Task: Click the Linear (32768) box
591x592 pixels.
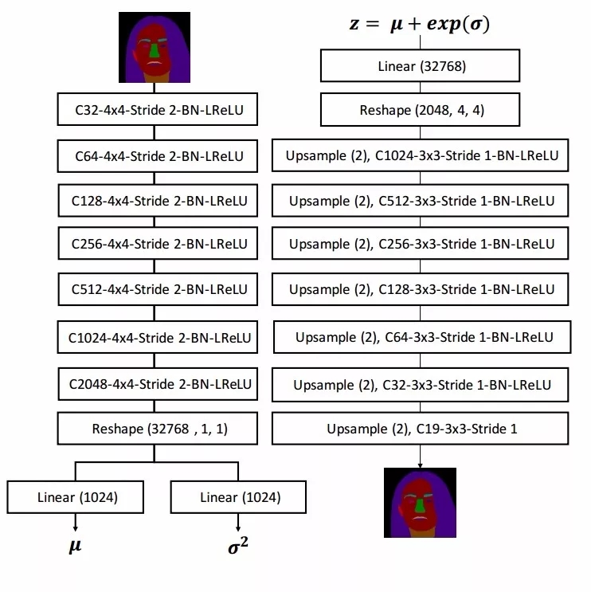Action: pyautogui.click(x=421, y=66)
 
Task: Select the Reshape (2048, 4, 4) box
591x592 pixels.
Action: pyautogui.click(x=421, y=110)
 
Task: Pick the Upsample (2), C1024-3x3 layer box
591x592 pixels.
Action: pyautogui.click(x=421, y=155)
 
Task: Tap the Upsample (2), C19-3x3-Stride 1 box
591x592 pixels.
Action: pyautogui.click(x=421, y=429)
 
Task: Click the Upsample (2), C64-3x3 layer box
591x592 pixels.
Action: pyautogui.click(x=423, y=338)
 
